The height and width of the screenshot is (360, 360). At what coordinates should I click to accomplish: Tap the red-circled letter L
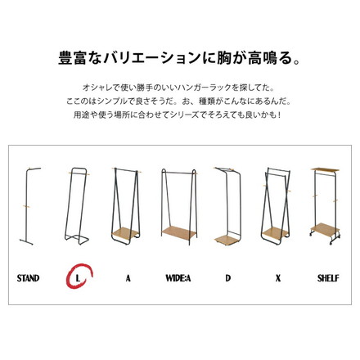(79, 278)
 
